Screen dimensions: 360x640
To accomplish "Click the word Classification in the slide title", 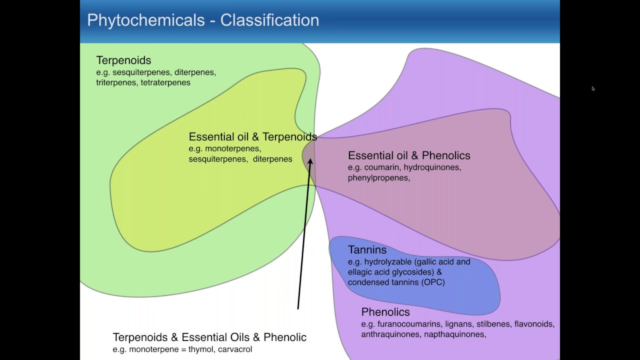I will click(269, 20).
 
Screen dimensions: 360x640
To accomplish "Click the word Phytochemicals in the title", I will click(146, 20).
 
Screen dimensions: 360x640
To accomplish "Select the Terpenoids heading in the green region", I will click(123, 60).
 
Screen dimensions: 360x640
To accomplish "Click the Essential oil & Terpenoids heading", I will click(252, 137).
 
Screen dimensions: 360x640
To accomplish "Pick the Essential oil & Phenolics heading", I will click(409, 155).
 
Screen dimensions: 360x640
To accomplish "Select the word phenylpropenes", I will click(378, 177).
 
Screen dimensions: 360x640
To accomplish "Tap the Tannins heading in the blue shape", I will click(367, 250).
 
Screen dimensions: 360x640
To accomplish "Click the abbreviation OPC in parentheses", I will click(432, 282).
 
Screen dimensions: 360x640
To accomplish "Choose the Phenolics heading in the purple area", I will click(385, 312).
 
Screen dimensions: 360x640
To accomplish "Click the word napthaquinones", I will click(454, 334).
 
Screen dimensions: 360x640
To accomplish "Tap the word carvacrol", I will click(235, 349).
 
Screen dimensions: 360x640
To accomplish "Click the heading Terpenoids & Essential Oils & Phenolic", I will click(209, 337).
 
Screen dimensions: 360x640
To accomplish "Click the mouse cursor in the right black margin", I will click(593, 88).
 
